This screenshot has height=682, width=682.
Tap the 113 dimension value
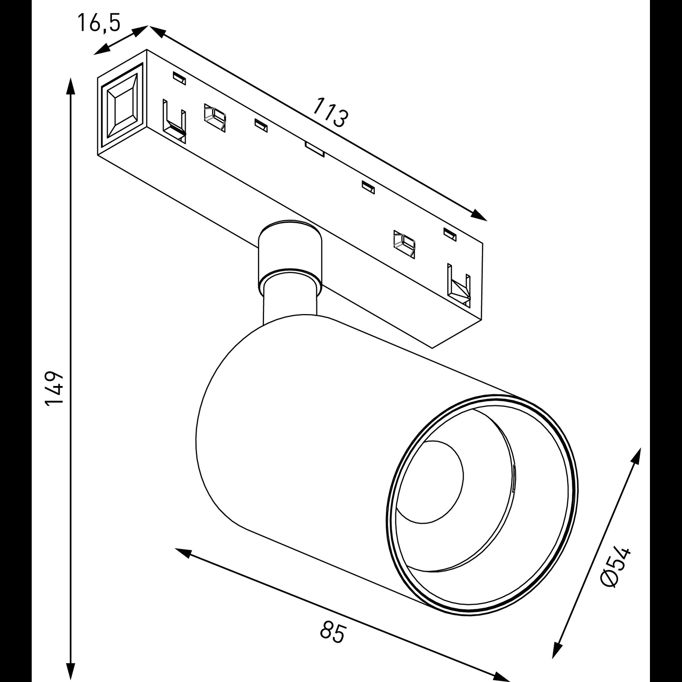pos(330,113)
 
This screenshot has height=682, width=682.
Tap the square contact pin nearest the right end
pos(404,243)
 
